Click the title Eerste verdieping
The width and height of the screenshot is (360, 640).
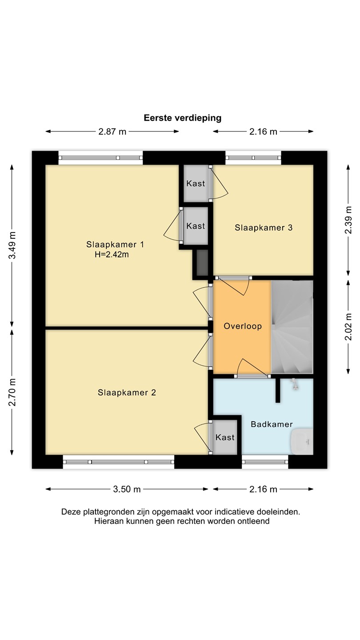(x=183, y=118)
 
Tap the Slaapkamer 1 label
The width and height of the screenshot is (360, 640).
(x=115, y=244)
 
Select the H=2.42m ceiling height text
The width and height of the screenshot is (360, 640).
(x=112, y=255)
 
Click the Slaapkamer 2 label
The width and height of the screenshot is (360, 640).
(x=127, y=392)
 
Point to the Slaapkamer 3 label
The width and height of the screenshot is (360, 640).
(x=264, y=228)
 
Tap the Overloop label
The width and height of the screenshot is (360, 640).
(x=243, y=326)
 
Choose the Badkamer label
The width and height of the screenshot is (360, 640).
(x=272, y=424)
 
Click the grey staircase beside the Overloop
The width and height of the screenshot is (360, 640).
(x=292, y=327)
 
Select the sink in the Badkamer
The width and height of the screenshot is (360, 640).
(x=302, y=441)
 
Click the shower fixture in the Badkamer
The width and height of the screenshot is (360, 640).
(x=294, y=384)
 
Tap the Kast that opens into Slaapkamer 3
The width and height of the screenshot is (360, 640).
(x=196, y=184)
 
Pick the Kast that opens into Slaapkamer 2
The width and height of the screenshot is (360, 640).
(x=225, y=437)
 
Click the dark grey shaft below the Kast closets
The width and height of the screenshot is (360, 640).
(x=202, y=263)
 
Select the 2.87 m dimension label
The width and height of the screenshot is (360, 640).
(x=112, y=132)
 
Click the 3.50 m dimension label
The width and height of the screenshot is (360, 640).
(x=127, y=489)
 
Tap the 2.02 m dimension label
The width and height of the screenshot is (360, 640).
(x=348, y=327)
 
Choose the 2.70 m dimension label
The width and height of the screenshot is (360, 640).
(x=12, y=392)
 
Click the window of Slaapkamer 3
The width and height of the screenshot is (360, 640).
(x=253, y=158)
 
